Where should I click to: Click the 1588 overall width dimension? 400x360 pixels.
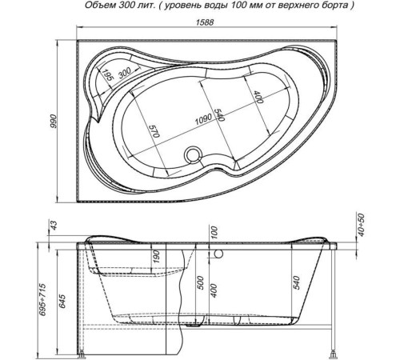205,22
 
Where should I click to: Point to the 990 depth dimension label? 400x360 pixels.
54,122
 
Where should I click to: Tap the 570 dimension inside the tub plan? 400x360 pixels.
154,131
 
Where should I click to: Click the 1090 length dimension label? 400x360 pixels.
203,119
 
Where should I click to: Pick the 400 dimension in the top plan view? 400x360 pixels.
258,97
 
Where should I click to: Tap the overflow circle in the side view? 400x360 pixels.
218,254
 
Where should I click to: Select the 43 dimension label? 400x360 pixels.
54,226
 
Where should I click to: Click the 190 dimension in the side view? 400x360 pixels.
157,257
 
